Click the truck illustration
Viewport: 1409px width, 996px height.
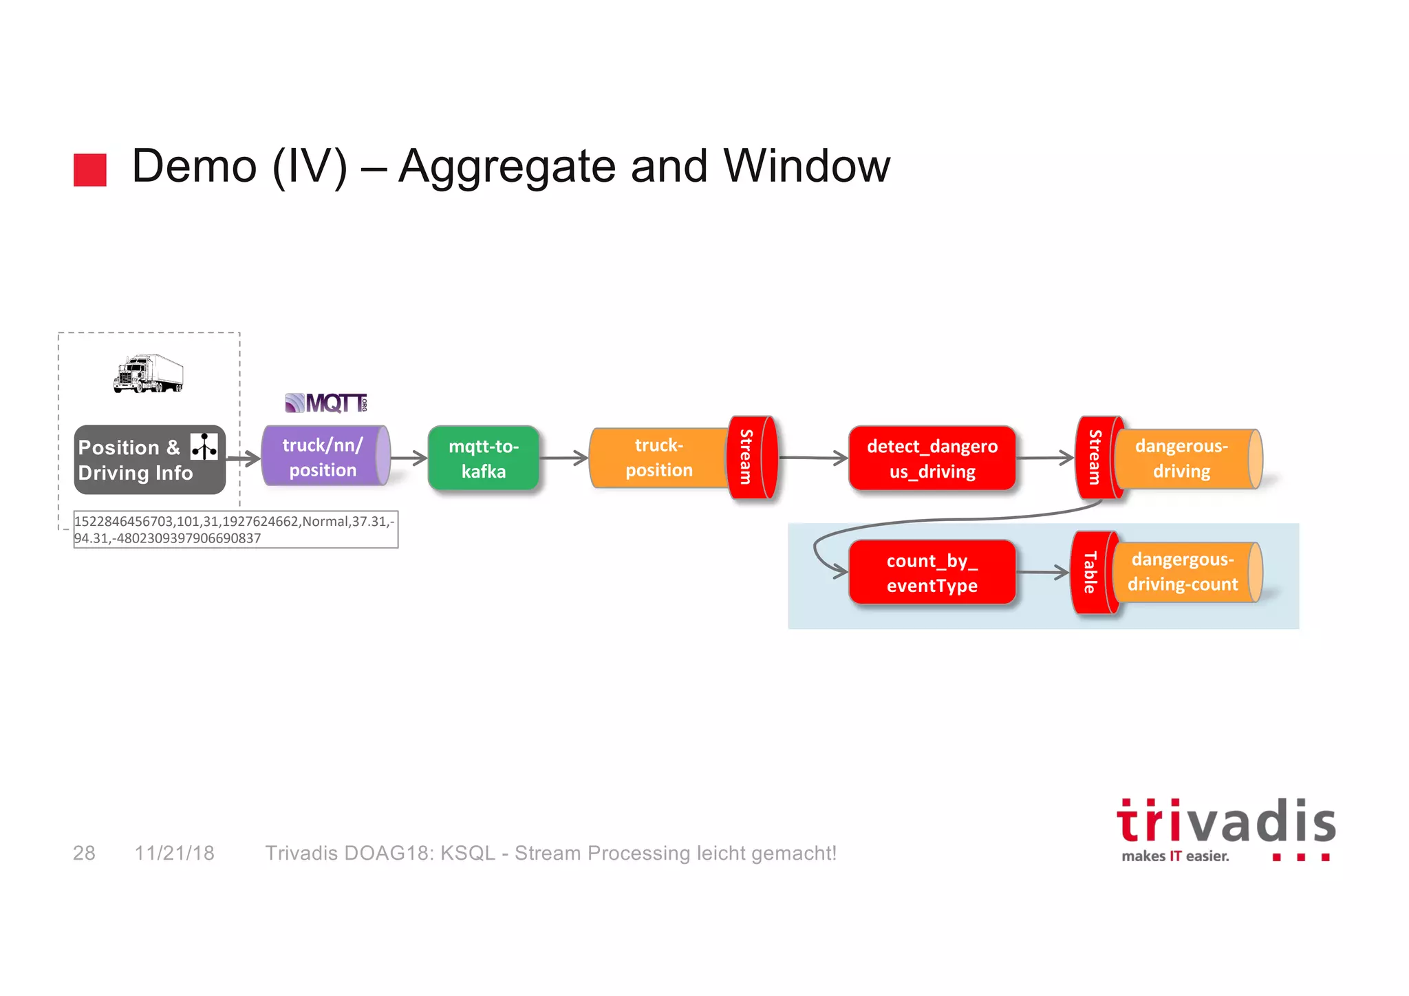[x=149, y=374]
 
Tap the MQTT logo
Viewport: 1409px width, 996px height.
[x=326, y=403]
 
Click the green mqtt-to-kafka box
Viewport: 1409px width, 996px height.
[x=483, y=458]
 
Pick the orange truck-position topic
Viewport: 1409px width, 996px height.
[x=658, y=458]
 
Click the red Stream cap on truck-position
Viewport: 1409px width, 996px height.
[x=750, y=457]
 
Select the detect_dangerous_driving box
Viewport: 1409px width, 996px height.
[x=932, y=458]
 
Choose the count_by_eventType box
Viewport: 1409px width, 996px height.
[x=932, y=573]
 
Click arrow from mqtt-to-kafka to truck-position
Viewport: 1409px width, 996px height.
[x=563, y=458]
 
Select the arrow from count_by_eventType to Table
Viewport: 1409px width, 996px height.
[x=1042, y=572]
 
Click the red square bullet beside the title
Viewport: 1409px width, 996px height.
[x=90, y=169]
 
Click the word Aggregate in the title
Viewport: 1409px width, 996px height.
[x=507, y=167]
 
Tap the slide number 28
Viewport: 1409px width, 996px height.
[x=84, y=853]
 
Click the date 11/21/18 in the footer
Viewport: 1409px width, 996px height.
[x=174, y=853]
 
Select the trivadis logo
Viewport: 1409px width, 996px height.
[x=1225, y=829]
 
